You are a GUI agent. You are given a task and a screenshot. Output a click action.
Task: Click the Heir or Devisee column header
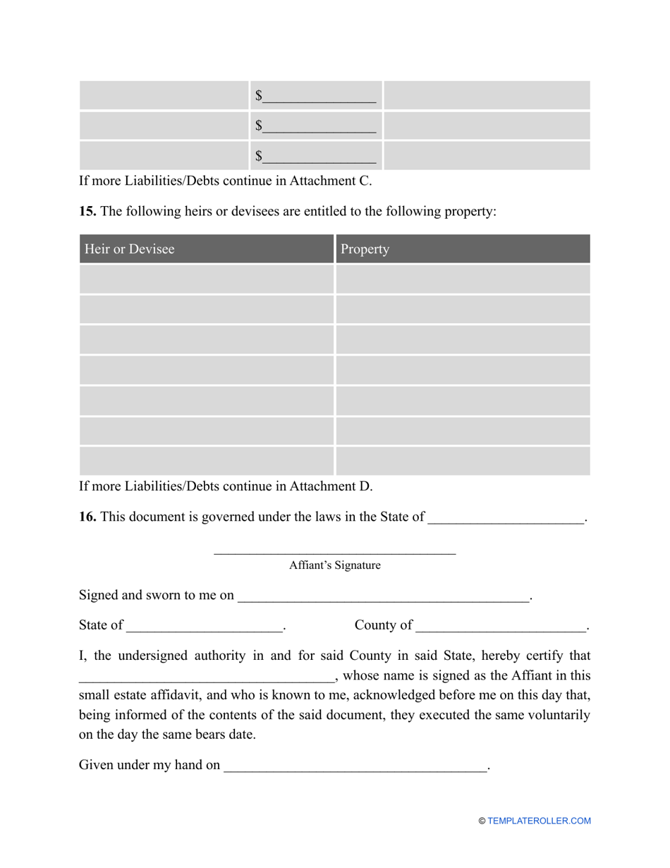click(130, 249)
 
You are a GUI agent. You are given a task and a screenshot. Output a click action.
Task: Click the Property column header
click(365, 249)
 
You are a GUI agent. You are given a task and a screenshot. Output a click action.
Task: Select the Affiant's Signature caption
click(334, 565)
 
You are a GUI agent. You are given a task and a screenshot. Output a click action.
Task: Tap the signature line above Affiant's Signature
click(334, 553)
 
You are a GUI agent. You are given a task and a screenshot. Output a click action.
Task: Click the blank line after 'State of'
click(204, 627)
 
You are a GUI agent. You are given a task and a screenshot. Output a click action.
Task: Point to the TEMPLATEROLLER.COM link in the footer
click(539, 821)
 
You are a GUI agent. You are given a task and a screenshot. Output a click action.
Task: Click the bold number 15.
click(87, 211)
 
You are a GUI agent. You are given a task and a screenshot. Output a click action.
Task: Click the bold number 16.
click(87, 517)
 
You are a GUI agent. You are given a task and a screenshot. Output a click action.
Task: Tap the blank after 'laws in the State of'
click(506, 519)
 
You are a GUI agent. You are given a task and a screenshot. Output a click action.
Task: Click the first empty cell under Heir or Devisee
click(206, 279)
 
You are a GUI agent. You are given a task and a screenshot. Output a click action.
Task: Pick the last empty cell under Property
click(463, 461)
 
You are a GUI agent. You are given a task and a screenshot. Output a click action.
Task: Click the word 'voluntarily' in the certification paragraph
click(556, 715)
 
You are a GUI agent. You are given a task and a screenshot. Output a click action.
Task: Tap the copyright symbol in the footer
click(482, 821)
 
